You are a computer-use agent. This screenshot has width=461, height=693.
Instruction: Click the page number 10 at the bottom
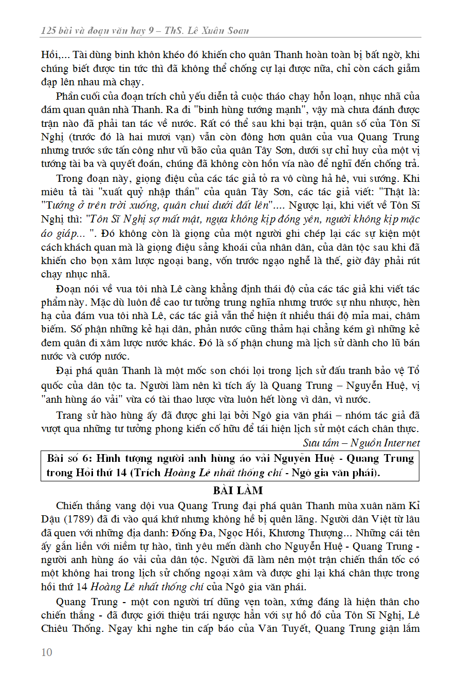(x=47, y=652)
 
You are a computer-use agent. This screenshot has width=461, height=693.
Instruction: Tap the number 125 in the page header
(x=48, y=30)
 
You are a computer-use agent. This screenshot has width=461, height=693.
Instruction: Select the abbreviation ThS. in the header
(x=174, y=30)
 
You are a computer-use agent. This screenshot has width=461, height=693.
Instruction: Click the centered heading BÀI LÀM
(x=238, y=490)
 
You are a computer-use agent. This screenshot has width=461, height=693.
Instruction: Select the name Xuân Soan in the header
(x=225, y=30)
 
